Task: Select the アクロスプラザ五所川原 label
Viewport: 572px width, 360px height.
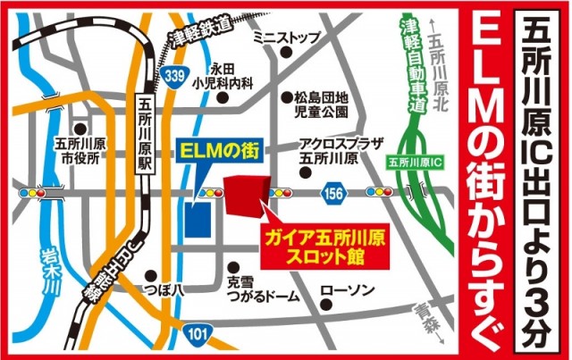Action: [329, 150]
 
